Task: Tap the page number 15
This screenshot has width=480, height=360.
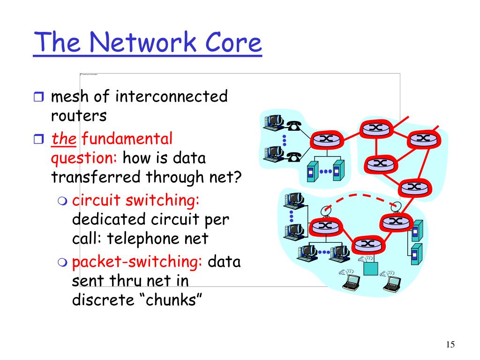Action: (450, 345)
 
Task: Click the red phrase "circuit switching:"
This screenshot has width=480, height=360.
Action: (136, 200)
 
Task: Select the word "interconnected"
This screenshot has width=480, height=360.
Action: (172, 97)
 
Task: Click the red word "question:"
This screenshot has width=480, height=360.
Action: (84, 158)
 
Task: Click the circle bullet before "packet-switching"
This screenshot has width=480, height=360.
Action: (63, 262)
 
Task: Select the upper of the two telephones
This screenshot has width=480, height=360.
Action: (294, 125)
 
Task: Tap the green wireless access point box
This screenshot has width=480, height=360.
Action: (370, 268)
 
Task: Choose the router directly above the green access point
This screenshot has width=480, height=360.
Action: (368, 244)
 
